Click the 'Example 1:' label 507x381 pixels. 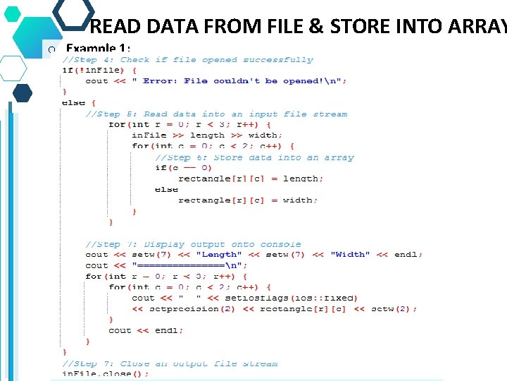(98, 49)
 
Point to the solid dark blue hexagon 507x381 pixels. (23, 93)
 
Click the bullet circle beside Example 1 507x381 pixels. (50, 50)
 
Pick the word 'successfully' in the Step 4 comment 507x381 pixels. (278, 60)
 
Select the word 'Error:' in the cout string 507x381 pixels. (161, 81)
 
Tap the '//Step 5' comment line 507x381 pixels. (216, 114)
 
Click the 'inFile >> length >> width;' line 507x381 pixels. (207, 135)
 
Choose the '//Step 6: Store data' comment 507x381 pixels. (254, 157)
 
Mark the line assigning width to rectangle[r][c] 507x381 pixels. (248, 200)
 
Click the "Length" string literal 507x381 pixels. (219, 255)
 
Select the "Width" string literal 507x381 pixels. (350, 255)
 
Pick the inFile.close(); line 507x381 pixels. (106, 374)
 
